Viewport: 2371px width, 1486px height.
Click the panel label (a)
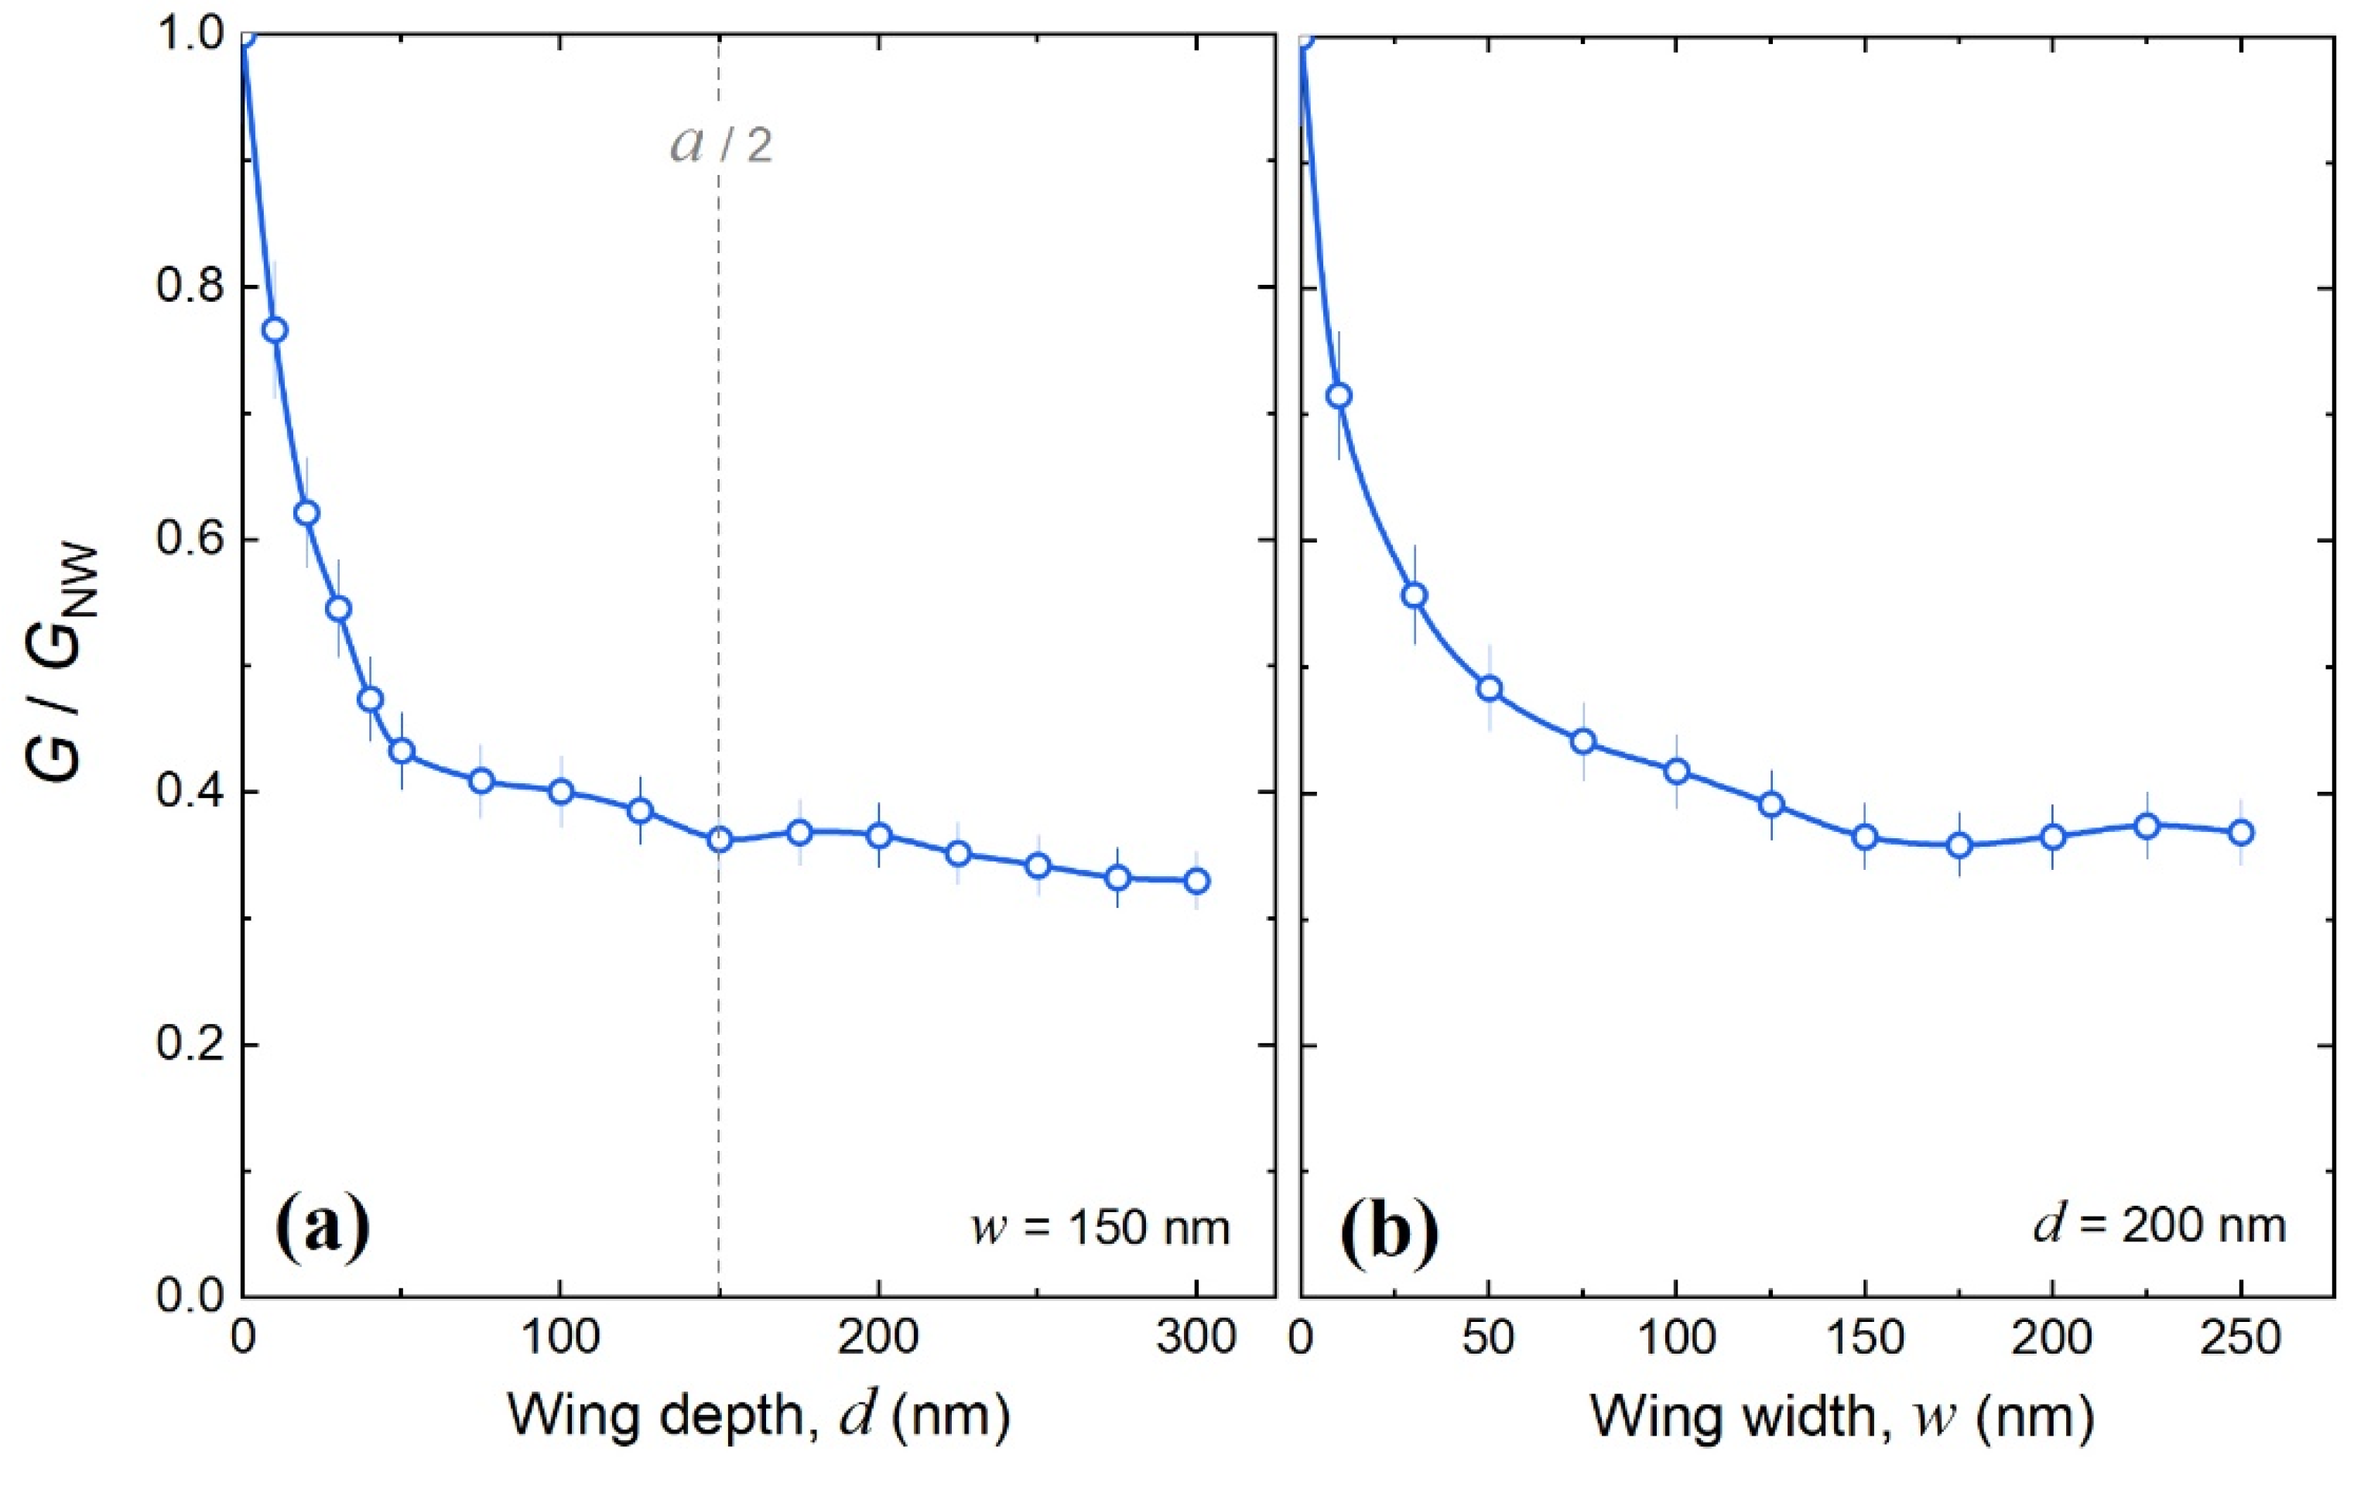click(322, 1228)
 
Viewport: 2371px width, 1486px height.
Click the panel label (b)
click(1388, 1228)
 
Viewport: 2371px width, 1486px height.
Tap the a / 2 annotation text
click(721, 146)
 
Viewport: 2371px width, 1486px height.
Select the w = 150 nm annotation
click(1100, 1227)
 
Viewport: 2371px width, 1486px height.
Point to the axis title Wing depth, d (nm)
click(758, 1416)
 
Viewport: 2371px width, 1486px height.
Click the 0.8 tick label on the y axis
click(186, 287)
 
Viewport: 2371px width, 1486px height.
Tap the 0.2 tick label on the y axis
click(186, 1045)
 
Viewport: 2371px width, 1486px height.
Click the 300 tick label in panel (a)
click(1196, 1339)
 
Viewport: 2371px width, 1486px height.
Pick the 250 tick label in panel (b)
click(2241, 1339)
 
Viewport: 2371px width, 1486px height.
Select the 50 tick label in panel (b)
click(1489, 1339)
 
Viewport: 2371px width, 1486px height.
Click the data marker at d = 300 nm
click(1196, 881)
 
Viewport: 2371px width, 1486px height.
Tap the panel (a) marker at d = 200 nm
click(878, 835)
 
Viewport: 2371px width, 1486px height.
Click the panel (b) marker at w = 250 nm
click(2241, 833)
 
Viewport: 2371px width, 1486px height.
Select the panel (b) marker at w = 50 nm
click(1490, 687)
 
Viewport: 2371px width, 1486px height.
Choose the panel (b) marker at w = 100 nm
click(1676, 771)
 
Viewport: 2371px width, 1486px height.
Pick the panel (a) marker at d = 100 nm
click(561, 791)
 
